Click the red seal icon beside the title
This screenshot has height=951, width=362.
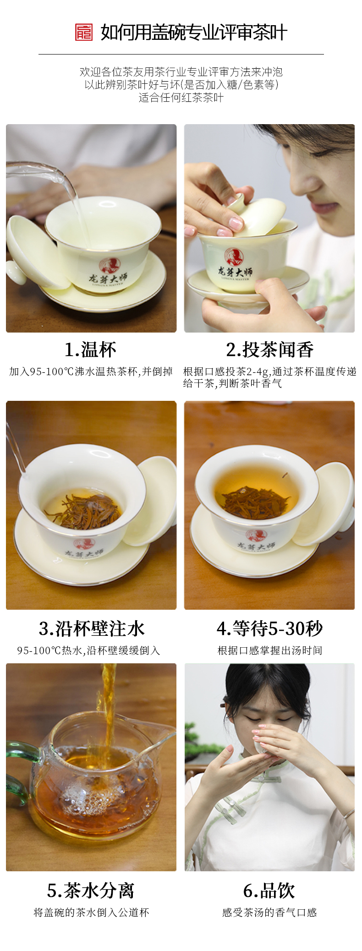tap(84, 33)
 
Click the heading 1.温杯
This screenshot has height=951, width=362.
tap(90, 350)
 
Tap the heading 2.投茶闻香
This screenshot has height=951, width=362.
tap(269, 350)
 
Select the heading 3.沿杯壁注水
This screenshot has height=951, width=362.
tap(91, 629)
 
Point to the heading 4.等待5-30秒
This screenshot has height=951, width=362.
tap(269, 629)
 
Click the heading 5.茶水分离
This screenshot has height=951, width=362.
tap(91, 891)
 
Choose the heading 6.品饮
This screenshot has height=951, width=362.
tap(269, 891)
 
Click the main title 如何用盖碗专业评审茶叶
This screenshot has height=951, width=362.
tap(194, 33)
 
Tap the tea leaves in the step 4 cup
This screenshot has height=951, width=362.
tap(255, 502)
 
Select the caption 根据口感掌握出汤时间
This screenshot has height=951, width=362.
tap(269, 650)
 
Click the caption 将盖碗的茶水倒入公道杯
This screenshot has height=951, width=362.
tap(91, 913)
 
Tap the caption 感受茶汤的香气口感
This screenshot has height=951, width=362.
tap(269, 913)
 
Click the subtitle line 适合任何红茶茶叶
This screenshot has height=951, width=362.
tap(181, 98)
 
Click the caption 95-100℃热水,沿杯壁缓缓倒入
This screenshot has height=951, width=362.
tap(88, 650)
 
